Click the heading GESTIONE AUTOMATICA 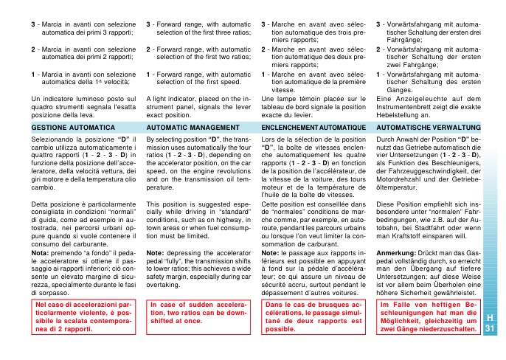point(63,127)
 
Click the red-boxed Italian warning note point(83,316)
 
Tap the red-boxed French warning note point(313,316)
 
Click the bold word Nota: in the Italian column point(40,253)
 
